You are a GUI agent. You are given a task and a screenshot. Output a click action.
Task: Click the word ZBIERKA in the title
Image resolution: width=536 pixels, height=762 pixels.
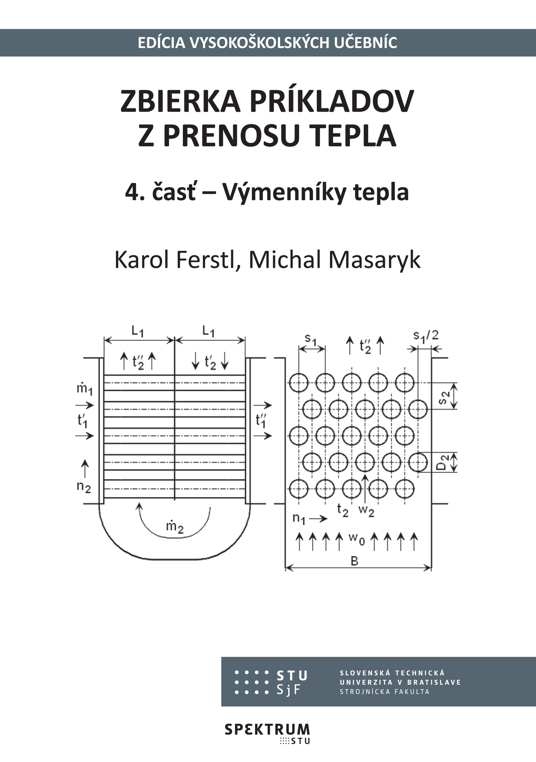pyautogui.click(x=180, y=101)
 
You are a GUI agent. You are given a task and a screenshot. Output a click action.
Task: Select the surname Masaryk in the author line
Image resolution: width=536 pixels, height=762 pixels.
pyautogui.click(x=374, y=261)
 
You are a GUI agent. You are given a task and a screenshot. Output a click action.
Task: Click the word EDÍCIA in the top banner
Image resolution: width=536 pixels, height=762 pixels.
pyautogui.click(x=161, y=43)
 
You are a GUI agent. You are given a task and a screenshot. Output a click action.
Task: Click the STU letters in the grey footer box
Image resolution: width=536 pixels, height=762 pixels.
pyautogui.click(x=292, y=675)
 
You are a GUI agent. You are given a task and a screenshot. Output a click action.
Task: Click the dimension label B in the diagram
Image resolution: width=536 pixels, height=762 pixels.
pyautogui.click(x=354, y=561)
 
